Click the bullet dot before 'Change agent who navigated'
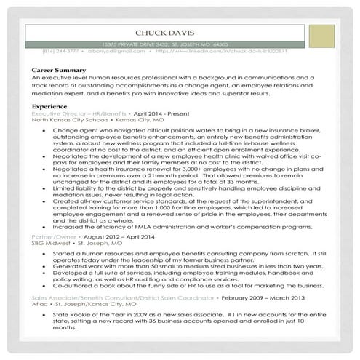pyautogui.click(x=45, y=131)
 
